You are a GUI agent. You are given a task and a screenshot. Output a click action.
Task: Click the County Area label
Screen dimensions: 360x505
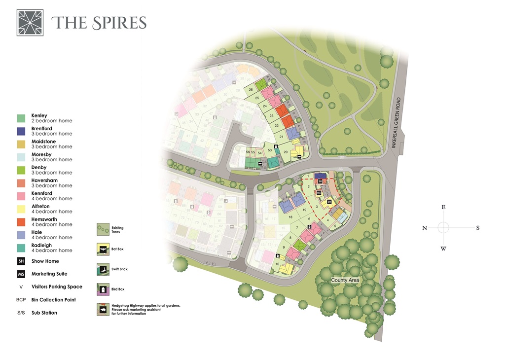345,280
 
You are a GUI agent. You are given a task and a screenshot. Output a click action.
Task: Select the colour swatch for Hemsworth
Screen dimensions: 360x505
21,222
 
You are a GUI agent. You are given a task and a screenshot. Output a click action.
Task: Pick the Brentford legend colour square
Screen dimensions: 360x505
21,131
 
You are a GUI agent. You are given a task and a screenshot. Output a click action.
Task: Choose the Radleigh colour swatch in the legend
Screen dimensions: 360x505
21,248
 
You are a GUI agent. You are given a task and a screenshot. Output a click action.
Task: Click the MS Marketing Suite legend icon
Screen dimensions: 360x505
21,274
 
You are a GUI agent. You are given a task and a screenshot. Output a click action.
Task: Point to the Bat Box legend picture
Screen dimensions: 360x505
103,250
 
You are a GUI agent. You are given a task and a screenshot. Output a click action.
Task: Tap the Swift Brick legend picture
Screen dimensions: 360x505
103,269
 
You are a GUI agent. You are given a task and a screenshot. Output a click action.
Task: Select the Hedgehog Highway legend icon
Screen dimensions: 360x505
103,309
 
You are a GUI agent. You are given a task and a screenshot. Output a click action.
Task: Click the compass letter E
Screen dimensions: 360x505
443,208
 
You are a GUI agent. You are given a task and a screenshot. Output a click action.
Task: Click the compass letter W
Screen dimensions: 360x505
443,249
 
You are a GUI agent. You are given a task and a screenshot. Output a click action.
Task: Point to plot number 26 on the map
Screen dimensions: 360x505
251,90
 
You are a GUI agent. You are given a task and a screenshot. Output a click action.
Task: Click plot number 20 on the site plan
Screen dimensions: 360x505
286,152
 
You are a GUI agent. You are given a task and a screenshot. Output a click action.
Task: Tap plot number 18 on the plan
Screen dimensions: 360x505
290,217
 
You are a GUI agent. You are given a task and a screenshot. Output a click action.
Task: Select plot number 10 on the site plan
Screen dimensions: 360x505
278,264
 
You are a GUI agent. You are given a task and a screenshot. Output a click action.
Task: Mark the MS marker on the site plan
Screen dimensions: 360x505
312,193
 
